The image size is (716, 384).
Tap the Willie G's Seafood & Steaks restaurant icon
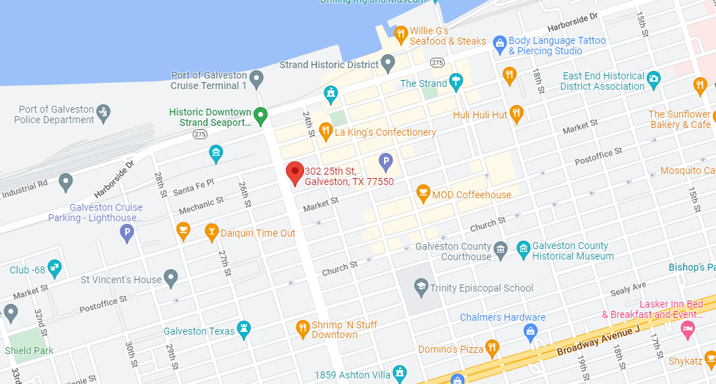[x=400, y=33]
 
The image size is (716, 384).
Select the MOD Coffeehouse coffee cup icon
[x=422, y=193]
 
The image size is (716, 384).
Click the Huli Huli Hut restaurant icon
[x=516, y=112]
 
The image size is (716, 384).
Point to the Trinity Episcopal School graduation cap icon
[x=420, y=286]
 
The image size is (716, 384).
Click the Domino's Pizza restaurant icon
[x=492, y=347]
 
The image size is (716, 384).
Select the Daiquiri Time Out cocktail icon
[x=212, y=232]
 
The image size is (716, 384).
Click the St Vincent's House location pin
[x=170, y=278]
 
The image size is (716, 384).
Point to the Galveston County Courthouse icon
[x=500, y=249]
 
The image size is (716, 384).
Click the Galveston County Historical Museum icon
[x=523, y=249]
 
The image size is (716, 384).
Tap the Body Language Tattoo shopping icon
[x=499, y=44]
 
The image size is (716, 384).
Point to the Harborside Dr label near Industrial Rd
[x=115, y=182]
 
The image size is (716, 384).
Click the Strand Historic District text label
[x=328, y=65]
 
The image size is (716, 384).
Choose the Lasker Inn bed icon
[x=687, y=327]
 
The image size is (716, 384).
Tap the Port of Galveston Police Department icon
[x=104, y=111]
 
